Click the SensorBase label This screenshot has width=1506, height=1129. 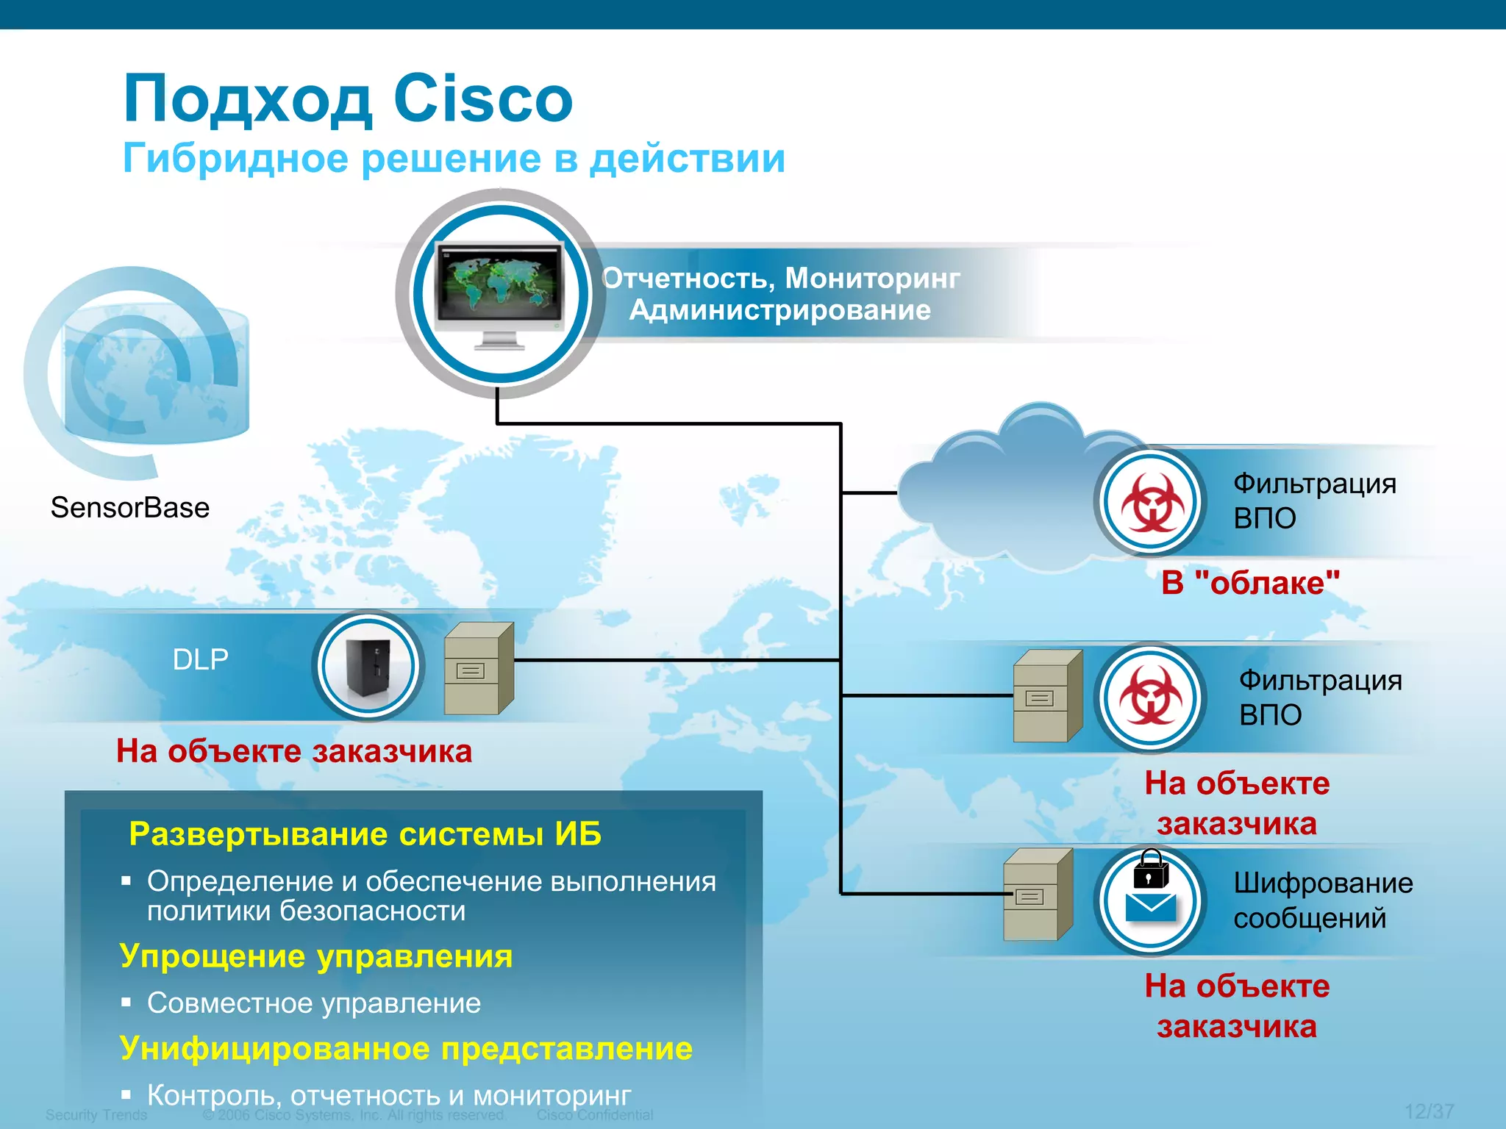coord(130,508)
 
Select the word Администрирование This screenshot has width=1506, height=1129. coord(780,310)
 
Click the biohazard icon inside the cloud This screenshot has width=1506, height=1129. coord(1152,502)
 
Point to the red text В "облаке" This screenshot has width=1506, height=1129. coord(1250,583)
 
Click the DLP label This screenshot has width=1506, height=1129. coord(200,659)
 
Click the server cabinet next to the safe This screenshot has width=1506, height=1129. coord(478,668)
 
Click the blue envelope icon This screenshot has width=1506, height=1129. coord(1151,908)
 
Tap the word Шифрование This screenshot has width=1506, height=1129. coord(1323,883)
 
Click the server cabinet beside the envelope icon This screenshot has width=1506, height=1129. coord(1038,895)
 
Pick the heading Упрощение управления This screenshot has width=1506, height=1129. coord(316,956)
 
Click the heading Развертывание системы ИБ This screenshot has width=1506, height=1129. coord(365,834)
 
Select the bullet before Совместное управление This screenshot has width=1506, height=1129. coord(126,1002)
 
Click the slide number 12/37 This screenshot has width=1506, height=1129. coord(1429,1111)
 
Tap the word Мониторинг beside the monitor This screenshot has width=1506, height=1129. coord(872,279)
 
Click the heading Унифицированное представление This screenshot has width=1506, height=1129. coord(406,1049)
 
